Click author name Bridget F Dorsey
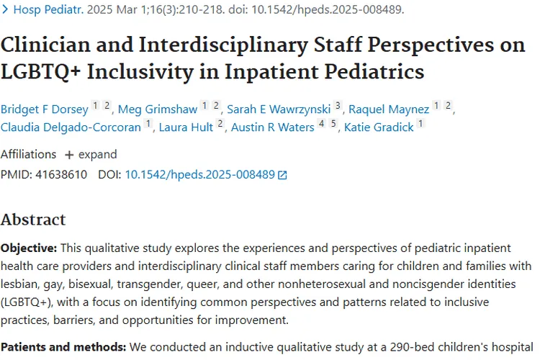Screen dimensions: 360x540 pos(45,109)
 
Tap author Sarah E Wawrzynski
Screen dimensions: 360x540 pos(279,109)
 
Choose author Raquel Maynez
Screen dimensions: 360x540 pos(389,109)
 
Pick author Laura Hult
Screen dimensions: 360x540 pos(186,127)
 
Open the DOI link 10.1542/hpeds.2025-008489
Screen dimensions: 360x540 pos(200,174)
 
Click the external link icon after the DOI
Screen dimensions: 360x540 pos(282,175)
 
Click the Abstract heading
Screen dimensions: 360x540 pos(33,220)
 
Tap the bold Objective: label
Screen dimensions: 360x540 pos(29,248)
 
